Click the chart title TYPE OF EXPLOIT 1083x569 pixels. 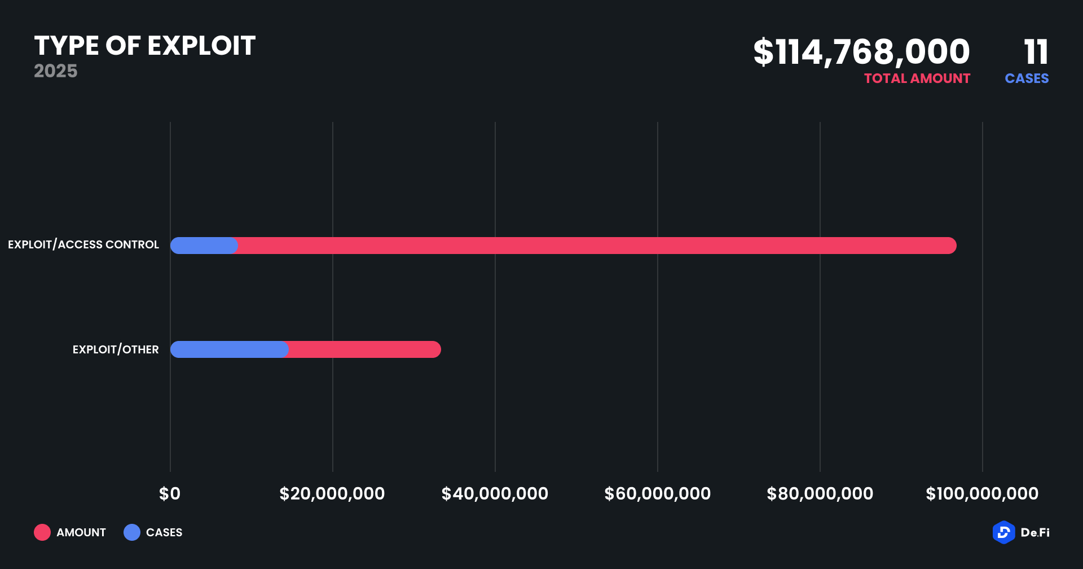click(x=145, y=46)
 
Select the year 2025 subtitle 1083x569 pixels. click(x=55, y=71)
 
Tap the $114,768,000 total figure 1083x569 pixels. click(x=861, y=52)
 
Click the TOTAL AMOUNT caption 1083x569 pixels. click(x=917, y=78)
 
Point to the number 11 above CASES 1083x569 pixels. click(x=1036, y=52)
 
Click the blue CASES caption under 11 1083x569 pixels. click(x=1027, y=78)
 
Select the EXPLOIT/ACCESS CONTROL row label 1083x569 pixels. click(x=83, y=245)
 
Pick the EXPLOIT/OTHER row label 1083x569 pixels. click(x=116, y=349)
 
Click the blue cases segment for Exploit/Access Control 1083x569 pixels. click(x=204, y=246)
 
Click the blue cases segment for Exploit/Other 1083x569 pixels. click(x=229, y=349)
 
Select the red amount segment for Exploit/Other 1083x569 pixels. click(x=364, y=349)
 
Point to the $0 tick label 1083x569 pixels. click(x=170, y=494)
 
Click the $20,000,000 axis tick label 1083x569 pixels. click(x=332, y=494)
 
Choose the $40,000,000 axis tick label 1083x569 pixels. click(x=495, y=494)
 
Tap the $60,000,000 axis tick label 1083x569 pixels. click(x=657, y=494)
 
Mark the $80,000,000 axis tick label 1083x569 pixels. click(x=820, y=494)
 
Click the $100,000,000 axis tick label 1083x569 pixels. click(x=982, y=494)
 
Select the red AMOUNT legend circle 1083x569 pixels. click(x=42, y=532)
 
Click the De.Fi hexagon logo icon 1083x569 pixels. click(x=1003, y=532)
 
